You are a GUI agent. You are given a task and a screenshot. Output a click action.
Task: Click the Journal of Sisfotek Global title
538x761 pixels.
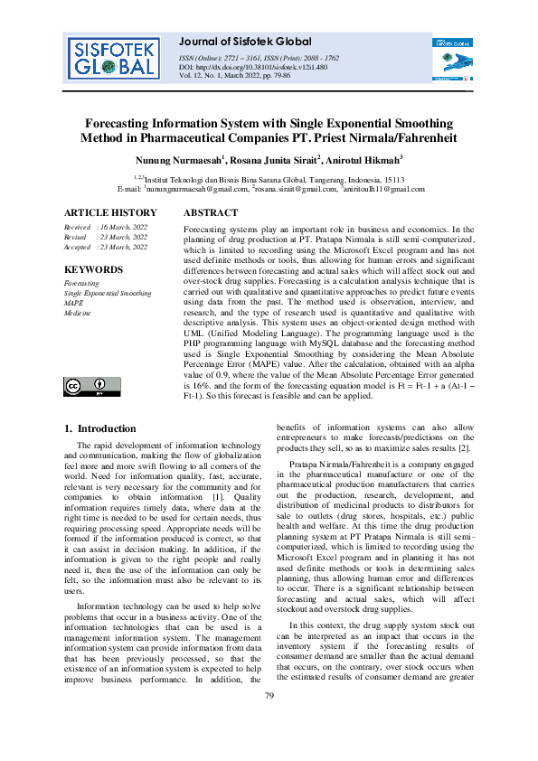click(246, 42)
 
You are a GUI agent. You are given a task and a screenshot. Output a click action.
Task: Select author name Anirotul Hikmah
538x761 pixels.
click(363, 159)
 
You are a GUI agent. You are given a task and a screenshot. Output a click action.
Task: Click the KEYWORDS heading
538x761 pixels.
click(93, 270)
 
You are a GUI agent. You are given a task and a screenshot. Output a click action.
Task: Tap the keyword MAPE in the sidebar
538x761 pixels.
click(74, 303)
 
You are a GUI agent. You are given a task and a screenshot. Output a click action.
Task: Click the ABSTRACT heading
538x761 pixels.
click(211, 213)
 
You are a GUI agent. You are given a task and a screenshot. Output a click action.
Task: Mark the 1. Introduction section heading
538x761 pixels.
click(103, 428)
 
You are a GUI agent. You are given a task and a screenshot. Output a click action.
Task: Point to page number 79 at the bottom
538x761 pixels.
click(269, 719)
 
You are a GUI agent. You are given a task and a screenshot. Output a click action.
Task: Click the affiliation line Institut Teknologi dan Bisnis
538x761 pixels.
click(269, 180)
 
